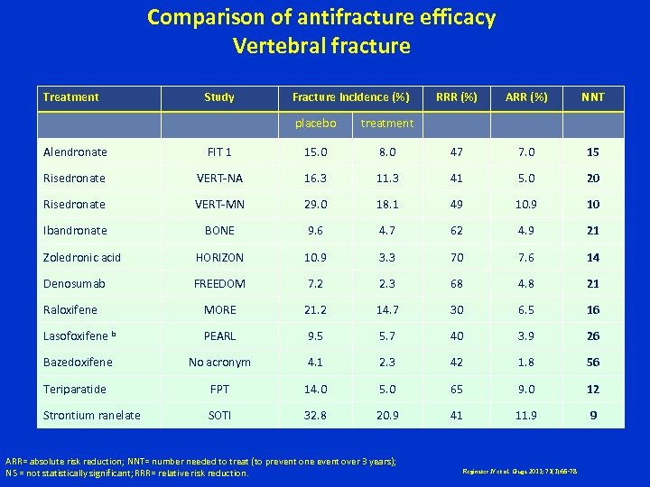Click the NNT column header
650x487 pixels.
[592, 96]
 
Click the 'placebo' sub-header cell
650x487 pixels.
[316, 123]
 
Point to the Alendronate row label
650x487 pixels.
[75, 152]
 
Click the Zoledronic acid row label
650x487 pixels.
[81, 258]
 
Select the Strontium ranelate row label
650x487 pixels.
[92, 416]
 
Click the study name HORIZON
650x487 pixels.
[219, 258]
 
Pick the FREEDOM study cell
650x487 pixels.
[219, 284]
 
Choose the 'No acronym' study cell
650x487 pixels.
[219, 363]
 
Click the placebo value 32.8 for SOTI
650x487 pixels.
[316, 416]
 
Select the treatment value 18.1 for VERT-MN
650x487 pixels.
[386, 205]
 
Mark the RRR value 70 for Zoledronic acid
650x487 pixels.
[457, 258]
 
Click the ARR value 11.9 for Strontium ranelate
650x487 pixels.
[527, 416]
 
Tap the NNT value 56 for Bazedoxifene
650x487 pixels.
[592, 363]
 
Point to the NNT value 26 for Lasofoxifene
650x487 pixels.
[592, 336]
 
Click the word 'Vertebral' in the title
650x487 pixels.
[278, 45]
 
